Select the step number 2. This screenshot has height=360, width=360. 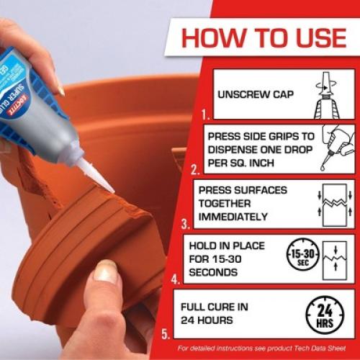[x=195, y=170]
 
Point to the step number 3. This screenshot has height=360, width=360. [x=184, y=223]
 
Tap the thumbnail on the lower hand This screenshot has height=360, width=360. [x=107, y=272]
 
